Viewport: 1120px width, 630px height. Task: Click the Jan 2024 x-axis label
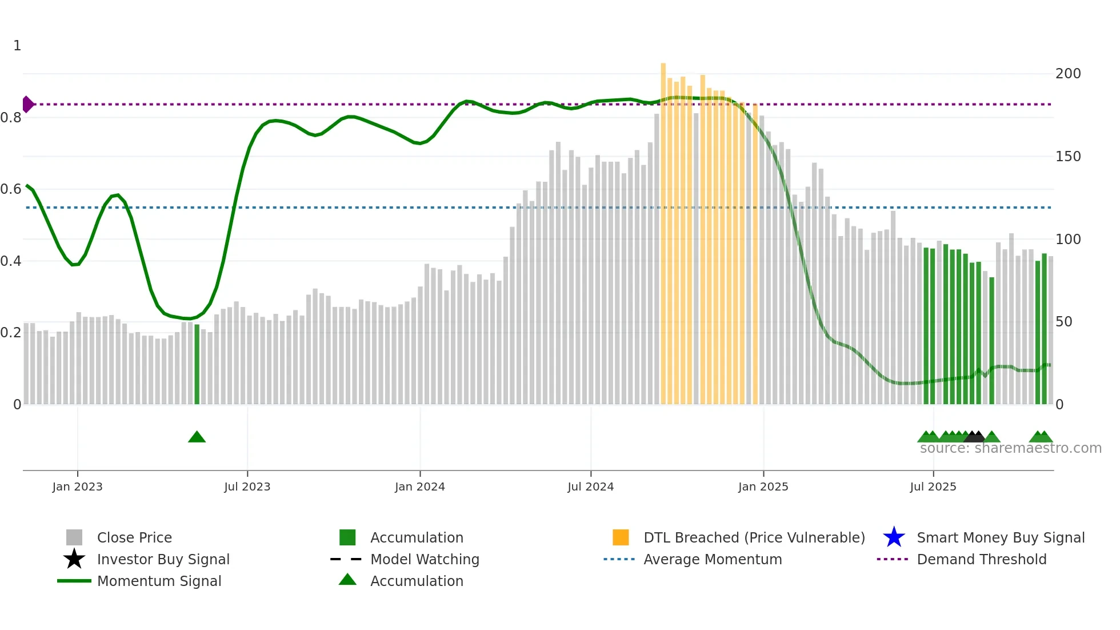419,487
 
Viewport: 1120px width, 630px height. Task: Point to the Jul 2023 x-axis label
247,487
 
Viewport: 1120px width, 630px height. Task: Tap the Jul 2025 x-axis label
933,487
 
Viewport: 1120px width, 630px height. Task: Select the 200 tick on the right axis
1067,74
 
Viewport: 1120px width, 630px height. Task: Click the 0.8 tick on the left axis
11,118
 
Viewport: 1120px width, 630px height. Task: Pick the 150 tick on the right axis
1067,157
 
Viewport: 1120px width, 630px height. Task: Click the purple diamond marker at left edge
27,104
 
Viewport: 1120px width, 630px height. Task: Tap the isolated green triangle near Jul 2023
197,437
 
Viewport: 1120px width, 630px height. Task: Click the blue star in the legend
894,537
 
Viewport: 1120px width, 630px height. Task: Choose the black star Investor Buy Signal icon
74,559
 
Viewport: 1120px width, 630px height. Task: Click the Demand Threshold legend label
981,559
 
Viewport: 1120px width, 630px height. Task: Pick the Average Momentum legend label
712,559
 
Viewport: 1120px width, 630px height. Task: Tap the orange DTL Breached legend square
621,537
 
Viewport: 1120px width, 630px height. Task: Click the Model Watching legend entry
424,559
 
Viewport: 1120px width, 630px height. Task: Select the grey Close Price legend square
74,537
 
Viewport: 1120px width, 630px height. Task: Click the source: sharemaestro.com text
1010,448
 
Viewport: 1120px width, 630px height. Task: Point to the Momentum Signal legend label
159,581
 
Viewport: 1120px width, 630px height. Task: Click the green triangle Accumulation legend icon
347,580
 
